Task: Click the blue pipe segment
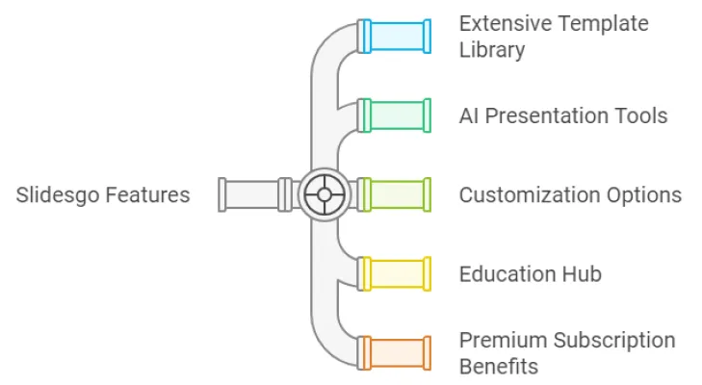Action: tap(395, 36)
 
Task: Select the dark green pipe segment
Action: tap(395, 115)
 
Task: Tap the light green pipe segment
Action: tap(395, 195)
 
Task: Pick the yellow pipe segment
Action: tap(395, 274)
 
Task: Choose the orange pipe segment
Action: tap(395, 353)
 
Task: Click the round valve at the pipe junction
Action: tap(325, 195)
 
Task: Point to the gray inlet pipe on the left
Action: tap(255, 195)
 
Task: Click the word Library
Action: tap(491, 50)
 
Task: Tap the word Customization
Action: tap(525, 195)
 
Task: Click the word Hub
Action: tap(581, 274)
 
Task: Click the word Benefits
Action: tap(498, 367)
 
